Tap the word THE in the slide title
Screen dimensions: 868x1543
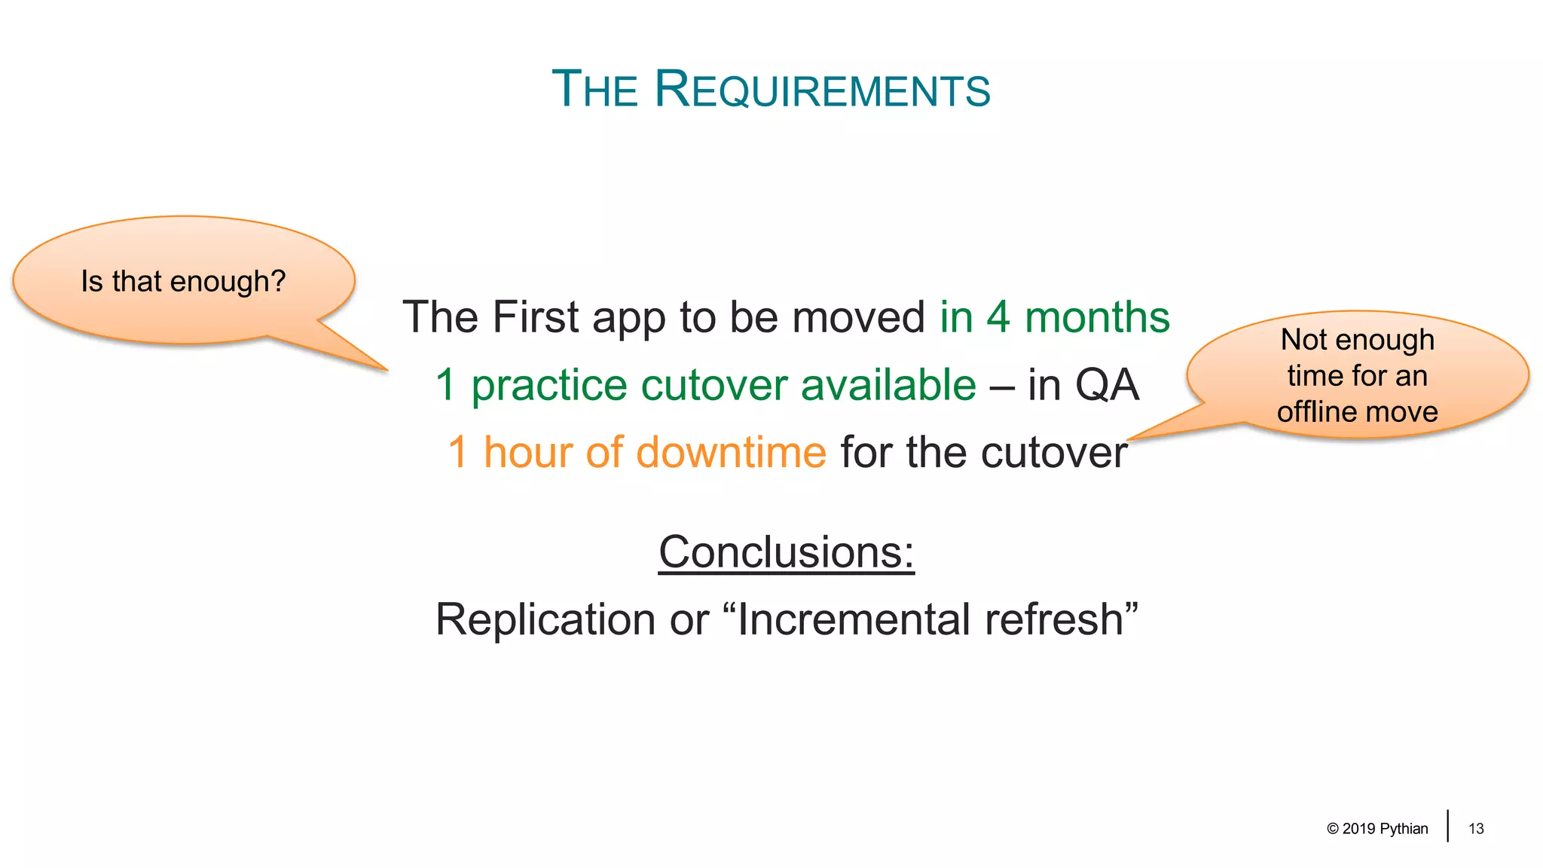coord(595,90)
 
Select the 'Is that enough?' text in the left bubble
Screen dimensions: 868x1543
coord(183,282)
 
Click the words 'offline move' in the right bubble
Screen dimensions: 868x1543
coord(1357,412)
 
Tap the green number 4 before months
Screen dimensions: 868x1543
coord(998,317)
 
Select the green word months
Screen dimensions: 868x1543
coord(1097,317)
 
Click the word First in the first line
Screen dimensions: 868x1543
coord(535,317)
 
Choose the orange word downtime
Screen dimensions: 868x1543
coord(730,453)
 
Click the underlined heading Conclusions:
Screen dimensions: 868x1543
coord(786,552)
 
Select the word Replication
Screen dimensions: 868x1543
coord(545,620)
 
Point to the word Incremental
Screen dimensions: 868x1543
coord(853,620)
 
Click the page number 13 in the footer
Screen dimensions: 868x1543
coord(1476,829)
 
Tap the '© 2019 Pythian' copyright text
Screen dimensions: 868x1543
coord(1377,829)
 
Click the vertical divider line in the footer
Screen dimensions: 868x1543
coord(1447,826)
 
